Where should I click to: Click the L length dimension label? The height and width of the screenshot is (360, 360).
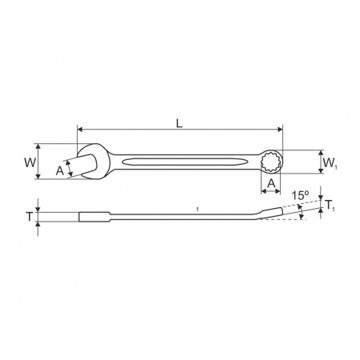pos(179,123)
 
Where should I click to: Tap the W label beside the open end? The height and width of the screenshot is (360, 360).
pos(30,162)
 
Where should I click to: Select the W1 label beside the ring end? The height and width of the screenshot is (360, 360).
pos(330,162)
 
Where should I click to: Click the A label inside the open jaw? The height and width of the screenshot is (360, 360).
pos(60,170)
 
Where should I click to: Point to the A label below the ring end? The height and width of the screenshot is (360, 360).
pos(271,183)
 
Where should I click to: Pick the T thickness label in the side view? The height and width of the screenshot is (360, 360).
pos(30,217)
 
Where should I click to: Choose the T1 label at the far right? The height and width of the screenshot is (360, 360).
pos(330,206)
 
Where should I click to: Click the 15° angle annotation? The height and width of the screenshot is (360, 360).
pos(300,195)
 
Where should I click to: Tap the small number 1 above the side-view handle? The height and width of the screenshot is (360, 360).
pos(197,210)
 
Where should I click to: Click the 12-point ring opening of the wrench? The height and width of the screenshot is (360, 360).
pos(270,162)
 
